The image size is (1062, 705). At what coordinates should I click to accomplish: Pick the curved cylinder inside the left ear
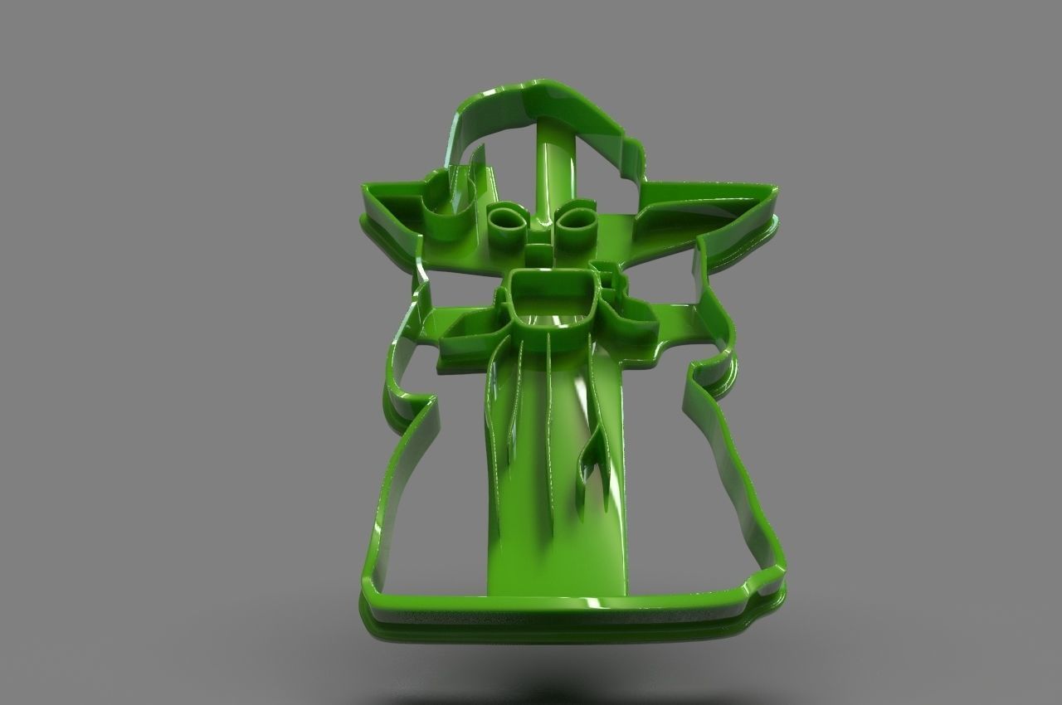(x=448, y=211)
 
